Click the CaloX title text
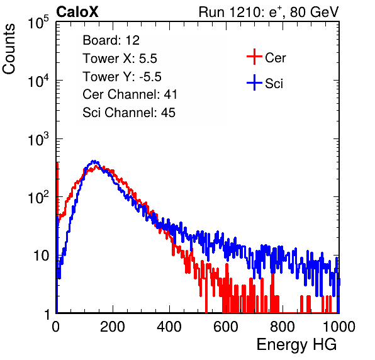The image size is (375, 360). click(77, 12)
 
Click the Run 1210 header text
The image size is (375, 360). click(269, 12)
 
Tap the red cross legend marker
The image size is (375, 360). click(254, 57)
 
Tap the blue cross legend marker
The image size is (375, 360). click(254, 82)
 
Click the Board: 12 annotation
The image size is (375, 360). click(111, 40)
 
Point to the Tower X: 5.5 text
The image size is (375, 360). click(120, 59)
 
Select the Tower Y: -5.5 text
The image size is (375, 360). click(122, 77)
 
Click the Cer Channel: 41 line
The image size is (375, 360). click(130, 94)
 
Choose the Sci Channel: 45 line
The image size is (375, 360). click(129, 113)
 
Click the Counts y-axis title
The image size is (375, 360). click(9, 48)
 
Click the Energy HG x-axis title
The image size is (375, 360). click(296, 345)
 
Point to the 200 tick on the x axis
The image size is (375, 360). click(113, 327)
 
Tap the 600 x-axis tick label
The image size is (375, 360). click(226, 327)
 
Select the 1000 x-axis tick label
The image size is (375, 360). click(339, 327)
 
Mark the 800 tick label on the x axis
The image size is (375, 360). click(283, 327)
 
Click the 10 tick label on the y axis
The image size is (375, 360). click(42, 256)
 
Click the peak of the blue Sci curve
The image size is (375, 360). click(94, 161)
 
